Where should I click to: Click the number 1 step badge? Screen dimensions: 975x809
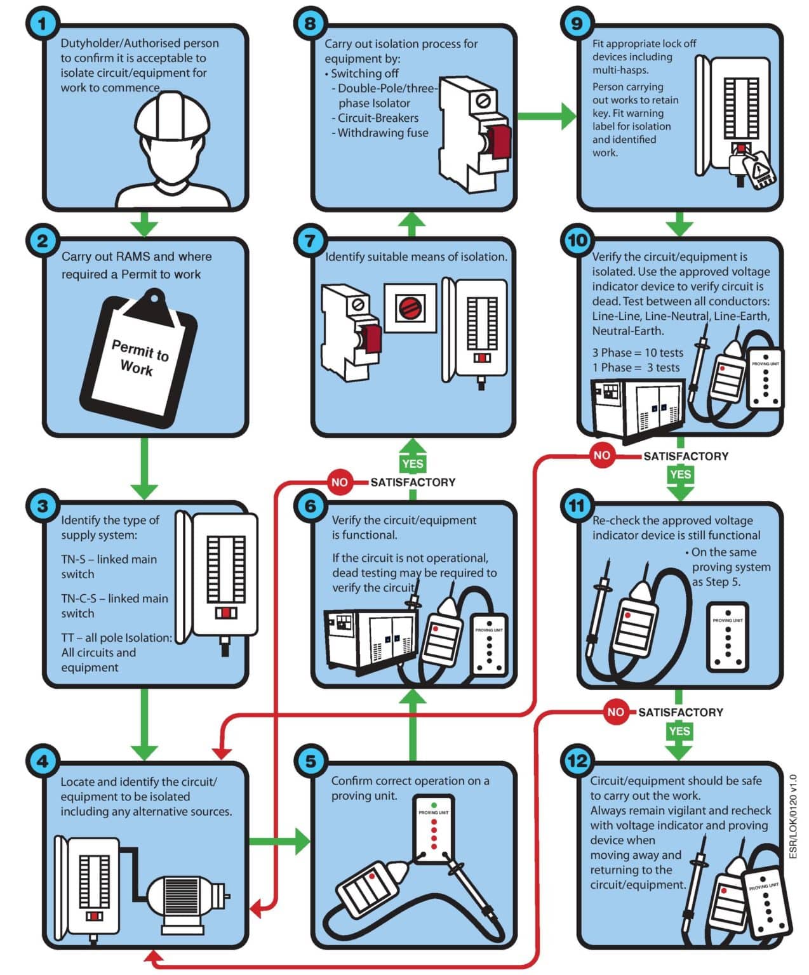coord(42,25)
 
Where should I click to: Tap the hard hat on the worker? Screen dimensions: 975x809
coord(172,117)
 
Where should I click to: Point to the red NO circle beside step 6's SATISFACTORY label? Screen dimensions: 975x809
coord(339,482)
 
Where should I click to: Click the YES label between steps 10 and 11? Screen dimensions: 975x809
coord(680,474)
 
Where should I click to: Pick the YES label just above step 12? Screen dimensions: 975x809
coord(679,731)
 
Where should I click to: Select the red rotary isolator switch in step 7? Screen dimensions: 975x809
coord(410,308)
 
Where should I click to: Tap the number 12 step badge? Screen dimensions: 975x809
coord(577,761)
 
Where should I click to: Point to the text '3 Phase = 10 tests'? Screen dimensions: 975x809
coord(638,353)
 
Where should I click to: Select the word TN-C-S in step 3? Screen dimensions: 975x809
coord(79,599)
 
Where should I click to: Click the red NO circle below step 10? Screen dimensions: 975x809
coord(601,455)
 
